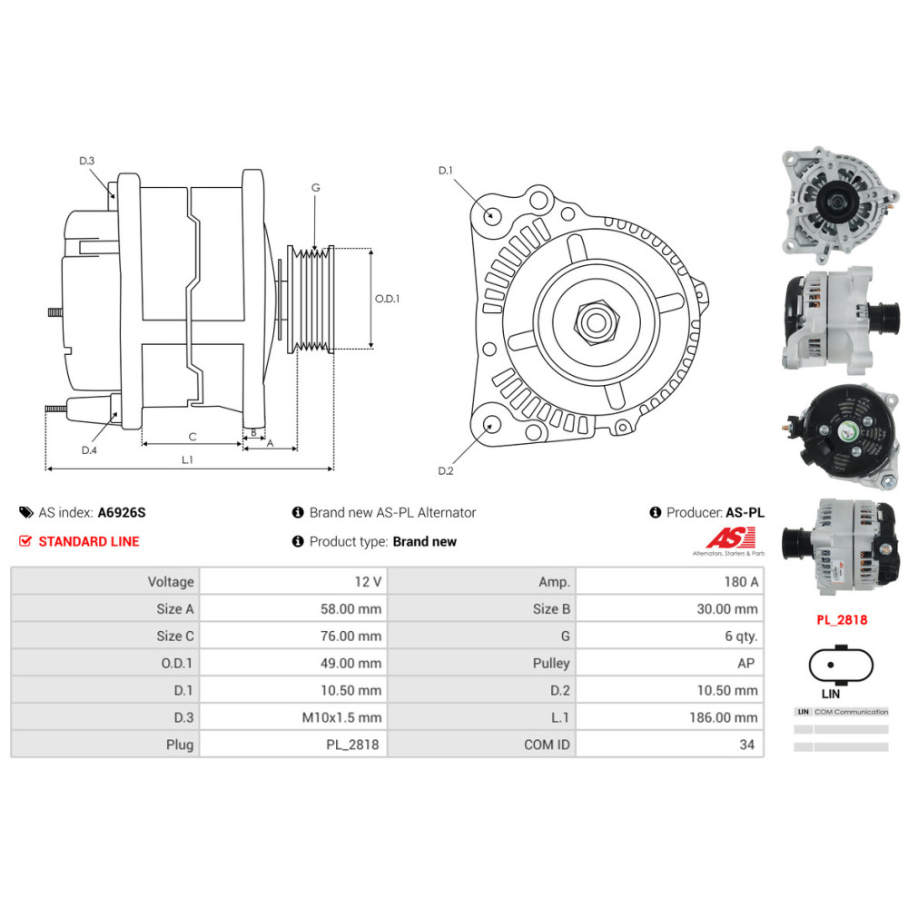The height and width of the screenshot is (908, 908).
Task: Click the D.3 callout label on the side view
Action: pos(87,161)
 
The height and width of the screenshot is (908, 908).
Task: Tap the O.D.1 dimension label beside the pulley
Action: pos(387,299)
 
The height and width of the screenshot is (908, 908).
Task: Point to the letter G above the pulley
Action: pos(316,188)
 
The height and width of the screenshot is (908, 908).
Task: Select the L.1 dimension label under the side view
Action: pos(187,459)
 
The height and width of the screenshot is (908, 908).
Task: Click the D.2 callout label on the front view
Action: pos(445,470)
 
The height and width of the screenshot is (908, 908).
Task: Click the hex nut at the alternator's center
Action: pos(597,321)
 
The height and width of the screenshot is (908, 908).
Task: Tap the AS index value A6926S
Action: pos(122,512)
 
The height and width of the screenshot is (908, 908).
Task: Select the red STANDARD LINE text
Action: pos(89,541)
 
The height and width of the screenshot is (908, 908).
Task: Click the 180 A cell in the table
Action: pos(741,581)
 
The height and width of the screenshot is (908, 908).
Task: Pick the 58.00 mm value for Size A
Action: pos(350,608)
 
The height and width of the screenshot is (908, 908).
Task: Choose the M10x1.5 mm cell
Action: pos(341,717)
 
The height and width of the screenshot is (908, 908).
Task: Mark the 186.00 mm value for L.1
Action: pos(724,717)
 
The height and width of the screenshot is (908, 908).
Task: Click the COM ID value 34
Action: pos(747,745)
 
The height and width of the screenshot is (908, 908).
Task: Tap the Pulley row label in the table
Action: pos(551,663)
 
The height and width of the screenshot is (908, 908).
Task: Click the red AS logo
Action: pos(731,538)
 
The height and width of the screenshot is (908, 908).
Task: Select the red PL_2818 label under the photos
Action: pos(842,619)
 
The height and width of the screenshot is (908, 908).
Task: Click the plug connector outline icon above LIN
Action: pos(841,665)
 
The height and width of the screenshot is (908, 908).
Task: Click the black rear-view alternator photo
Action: pos(840,438)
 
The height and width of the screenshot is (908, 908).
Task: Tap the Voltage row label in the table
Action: pos(171,581)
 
